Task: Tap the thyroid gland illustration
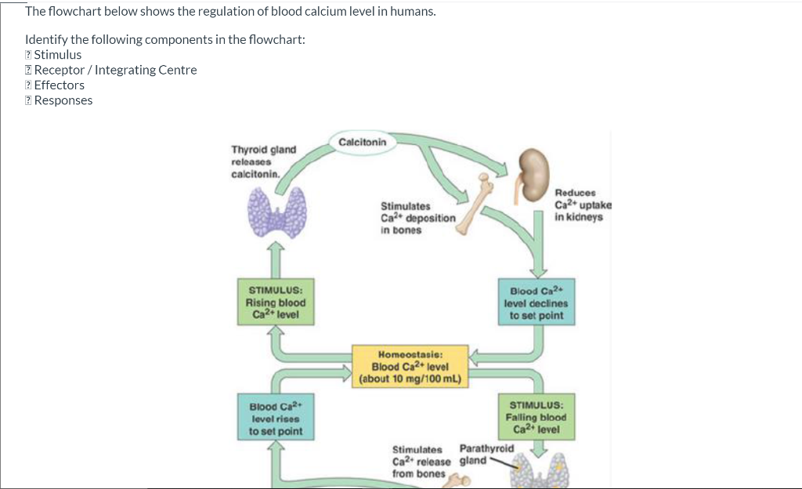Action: [x=275, y=212]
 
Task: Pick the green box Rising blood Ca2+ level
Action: [x=275, y=302]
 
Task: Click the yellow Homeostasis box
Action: [x=410, y=366]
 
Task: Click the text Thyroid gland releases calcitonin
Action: [x=263, y=161]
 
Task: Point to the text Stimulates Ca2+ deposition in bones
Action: [x=417, y=218]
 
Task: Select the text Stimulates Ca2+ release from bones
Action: [x=421, y=462]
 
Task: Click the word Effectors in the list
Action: [x=60, y=85]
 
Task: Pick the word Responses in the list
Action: [x=63, y=100]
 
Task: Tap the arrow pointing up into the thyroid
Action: [x=275, y=257]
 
